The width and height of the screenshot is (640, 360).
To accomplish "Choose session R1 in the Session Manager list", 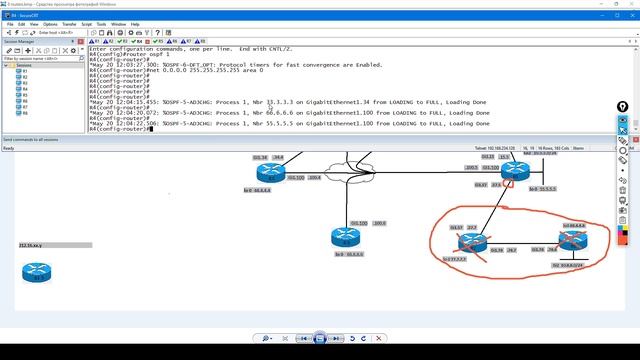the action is (x=24, y=72).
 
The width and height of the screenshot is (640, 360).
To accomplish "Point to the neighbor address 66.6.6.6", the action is (x=277, y=113).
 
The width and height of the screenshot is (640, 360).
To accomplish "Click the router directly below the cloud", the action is (x=343, y=237).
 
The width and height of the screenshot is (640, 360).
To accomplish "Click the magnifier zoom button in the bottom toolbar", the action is (x=267, y=340).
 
